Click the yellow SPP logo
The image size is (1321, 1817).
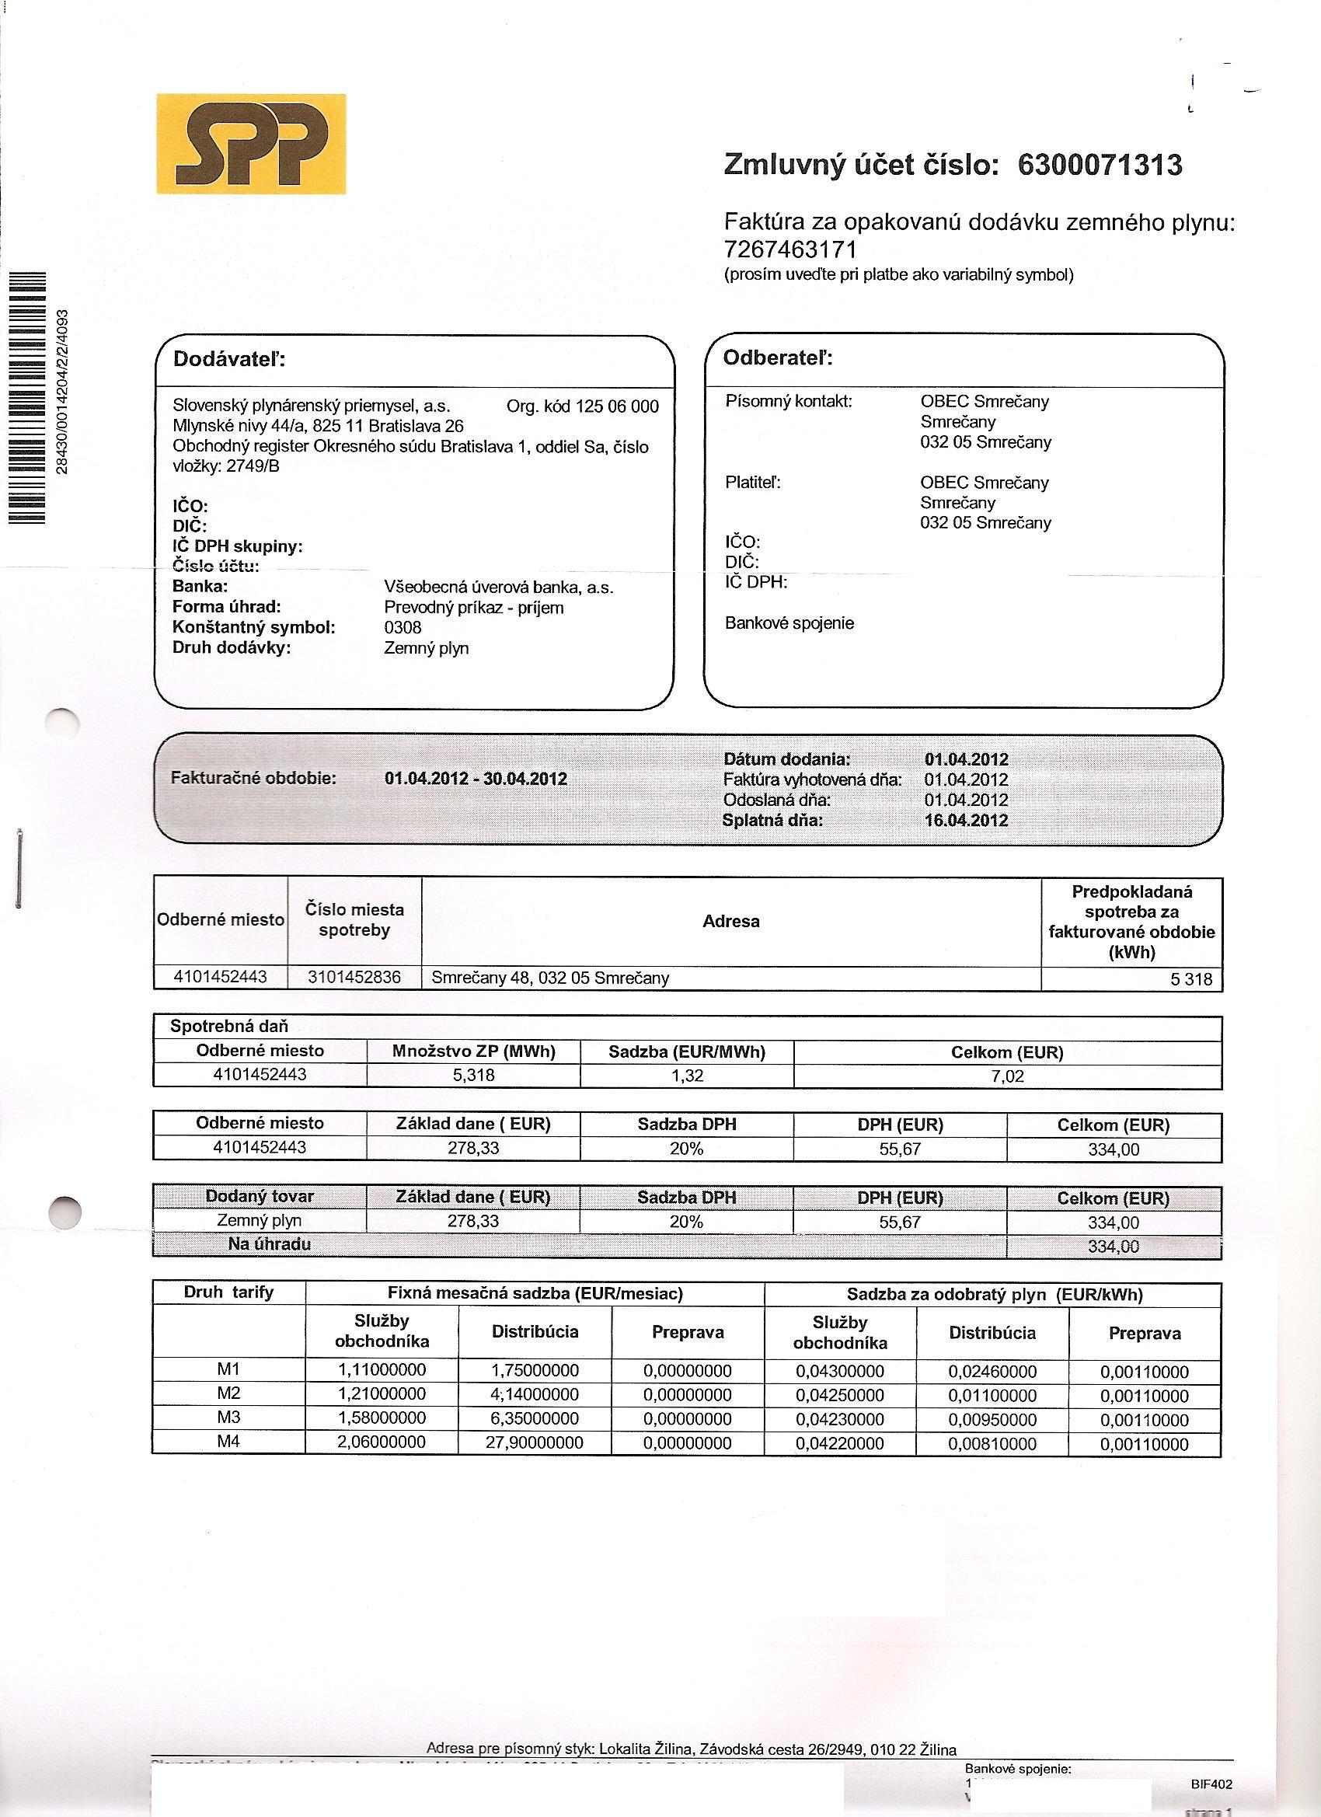(x=251, y=144)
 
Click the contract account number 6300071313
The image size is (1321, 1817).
(x=1100, y=165)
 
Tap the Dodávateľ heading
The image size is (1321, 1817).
(x=229, y=359)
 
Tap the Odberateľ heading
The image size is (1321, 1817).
(x=778, y=357)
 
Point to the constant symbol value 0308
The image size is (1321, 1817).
(x=403, y=627)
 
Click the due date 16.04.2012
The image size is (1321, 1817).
(x=966, y=820)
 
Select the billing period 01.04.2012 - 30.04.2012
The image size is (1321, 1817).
(x=476, y=778)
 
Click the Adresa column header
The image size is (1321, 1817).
(x=730, y=921)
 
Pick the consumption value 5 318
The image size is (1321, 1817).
(x=1191, y=979)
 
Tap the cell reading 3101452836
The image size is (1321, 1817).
(x=354, y=978)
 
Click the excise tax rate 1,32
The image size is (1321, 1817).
(x=688, y=1075)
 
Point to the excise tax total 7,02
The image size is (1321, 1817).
(x=1007, y=1076)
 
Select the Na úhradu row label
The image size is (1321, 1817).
(x=269, y=1244)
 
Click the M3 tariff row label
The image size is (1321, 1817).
(x=229, y=1418)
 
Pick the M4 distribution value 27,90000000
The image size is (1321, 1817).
(x=535, y=1443)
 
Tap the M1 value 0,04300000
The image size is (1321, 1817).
(x=839, y=1372)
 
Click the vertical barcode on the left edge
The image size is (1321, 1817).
(x=29, y=398)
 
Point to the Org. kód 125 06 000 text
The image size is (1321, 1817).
(x=582, y=406)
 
